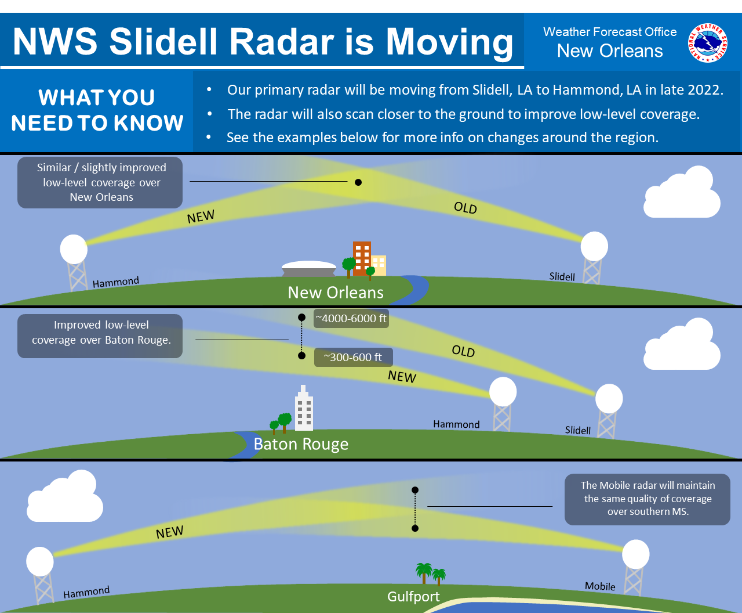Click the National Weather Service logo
707,42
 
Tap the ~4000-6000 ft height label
351,318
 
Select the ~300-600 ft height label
353,357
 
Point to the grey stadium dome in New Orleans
308,268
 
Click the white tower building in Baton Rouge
304,409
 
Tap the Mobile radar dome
635,554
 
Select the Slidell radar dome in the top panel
594,246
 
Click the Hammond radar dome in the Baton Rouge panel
503,391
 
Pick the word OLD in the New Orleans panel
465,208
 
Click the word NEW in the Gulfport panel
169,532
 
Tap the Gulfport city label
413,596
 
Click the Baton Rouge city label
301,444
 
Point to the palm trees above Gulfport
430,574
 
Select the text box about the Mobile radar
648,499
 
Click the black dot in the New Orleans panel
358,182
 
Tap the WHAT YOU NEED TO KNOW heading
97,110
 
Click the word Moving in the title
449,42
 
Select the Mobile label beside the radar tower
600,586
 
